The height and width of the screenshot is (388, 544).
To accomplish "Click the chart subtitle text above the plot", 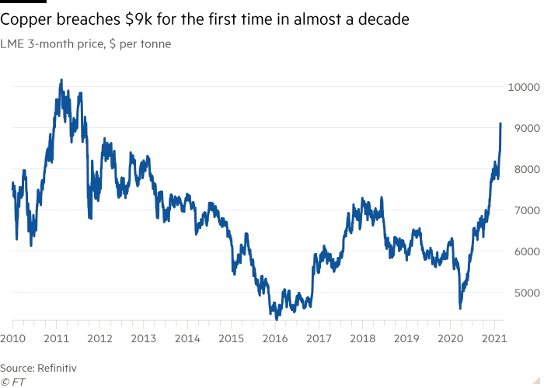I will (87, 44).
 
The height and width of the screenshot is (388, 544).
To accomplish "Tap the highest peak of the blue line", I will (61, 79).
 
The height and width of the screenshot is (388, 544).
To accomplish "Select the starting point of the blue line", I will (11, 185).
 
